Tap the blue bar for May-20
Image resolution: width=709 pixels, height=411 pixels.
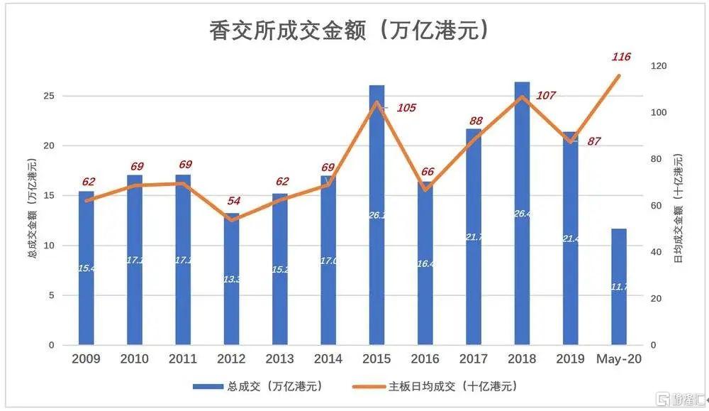pyautogui.click(x=618, y=287)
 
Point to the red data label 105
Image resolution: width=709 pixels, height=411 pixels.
pyautogui.click(x=406, y=108)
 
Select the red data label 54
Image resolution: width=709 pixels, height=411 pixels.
pyautogui.click(x=233, y=201)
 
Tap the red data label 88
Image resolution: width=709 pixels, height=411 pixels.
pyautogui.click(x=475, y=121)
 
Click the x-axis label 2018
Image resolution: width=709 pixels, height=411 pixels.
pyautogui.click(x=521, y=359)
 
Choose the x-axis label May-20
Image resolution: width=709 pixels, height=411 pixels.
pyautogui.click(x=618, y=359)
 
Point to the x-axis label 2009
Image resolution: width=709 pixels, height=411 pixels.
pyautogui.click(x=86, y=359)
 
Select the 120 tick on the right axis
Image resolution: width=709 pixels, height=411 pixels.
pyautogui.click(x=659, y=67)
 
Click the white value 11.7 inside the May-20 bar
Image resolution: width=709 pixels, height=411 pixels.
pyautogui.click(x=618, y=287)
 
